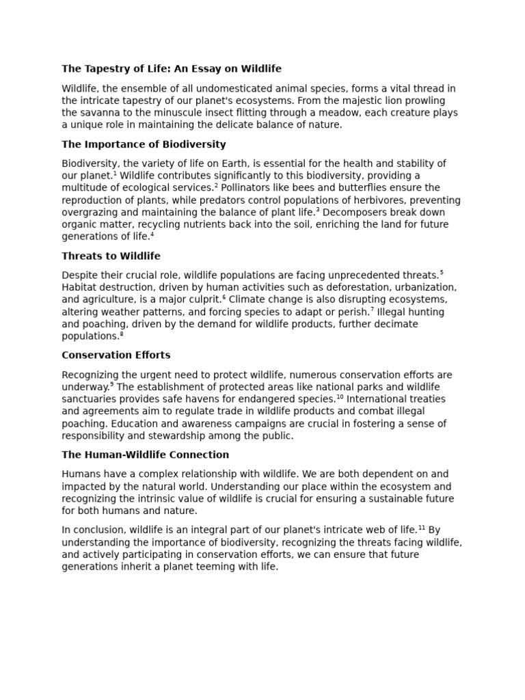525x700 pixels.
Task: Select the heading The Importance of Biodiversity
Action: pos(144,144)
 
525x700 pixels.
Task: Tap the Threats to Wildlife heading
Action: pos(111,256)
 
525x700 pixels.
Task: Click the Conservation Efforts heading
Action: pos(116,355)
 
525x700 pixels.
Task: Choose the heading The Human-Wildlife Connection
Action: pos(145,455)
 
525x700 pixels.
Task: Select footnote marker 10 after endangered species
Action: pos(340,396)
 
